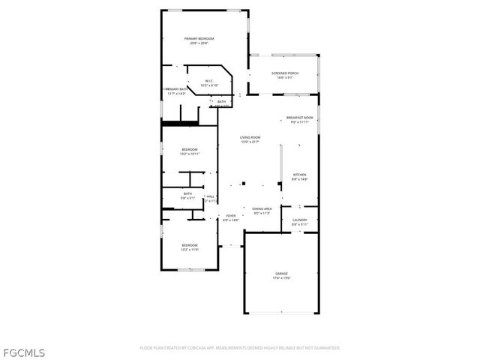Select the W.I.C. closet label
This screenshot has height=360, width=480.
coord(208,81)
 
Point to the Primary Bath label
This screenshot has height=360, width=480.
coord(176,89)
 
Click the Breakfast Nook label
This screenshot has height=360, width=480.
coord(300,118)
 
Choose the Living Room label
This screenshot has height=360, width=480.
coord(250,137)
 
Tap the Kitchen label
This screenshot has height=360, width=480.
coord(300,175)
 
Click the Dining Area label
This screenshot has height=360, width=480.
coord(262,208)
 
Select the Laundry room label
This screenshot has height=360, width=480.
coord(300,220)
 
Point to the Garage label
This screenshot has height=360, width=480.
coord(281,274)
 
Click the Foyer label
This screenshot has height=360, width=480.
coord(231,215)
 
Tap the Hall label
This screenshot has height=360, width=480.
coord(211,196)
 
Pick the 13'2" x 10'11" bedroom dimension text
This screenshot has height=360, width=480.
coord(190,154)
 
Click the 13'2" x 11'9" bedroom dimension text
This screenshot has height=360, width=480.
coord(190,250)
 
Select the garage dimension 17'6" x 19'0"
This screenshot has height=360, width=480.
coord(281,278)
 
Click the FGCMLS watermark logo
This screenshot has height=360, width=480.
coord(24,350)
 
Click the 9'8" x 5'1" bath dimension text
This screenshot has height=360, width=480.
coord(187,198)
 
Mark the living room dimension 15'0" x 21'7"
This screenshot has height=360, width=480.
coord(250,142)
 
